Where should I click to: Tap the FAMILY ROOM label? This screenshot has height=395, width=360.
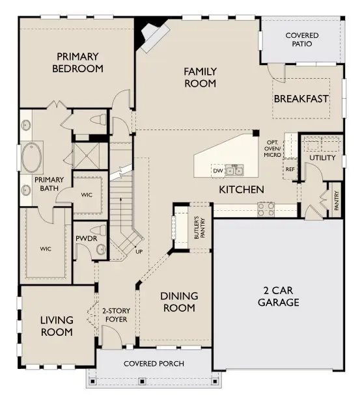200,77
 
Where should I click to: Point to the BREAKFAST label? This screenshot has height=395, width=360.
300,99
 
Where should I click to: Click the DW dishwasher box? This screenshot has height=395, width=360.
217,171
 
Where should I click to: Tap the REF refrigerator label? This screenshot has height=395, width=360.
289,169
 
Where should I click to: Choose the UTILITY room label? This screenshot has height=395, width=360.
322,158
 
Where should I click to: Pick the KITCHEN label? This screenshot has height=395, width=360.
241,189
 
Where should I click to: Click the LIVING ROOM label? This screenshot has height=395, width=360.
56,325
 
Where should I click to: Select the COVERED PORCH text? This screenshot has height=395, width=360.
154,363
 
